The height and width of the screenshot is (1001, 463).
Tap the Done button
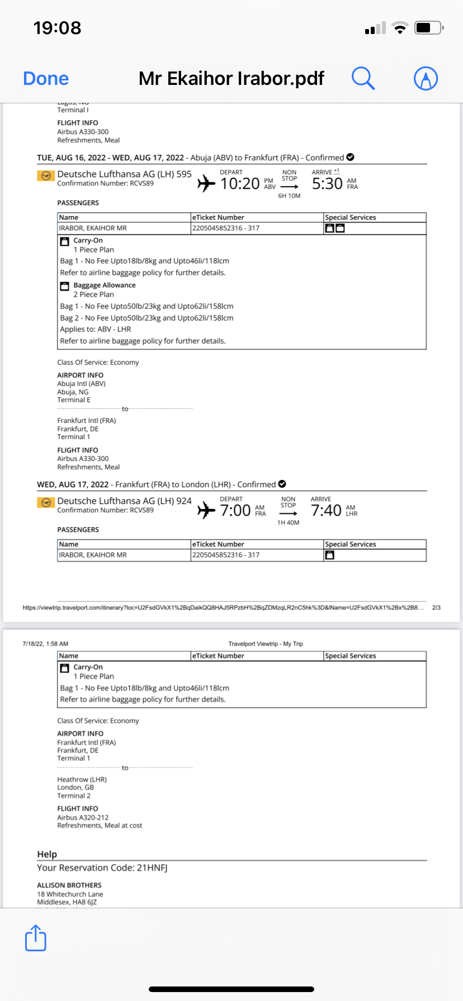tap(46, 79)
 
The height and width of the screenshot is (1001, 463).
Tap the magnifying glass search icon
tap(363, 78)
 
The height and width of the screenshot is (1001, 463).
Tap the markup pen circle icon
tap(426, 78)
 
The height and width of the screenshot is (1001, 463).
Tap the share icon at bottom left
tap(36, 938)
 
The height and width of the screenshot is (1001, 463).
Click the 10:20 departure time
tap(240, 184)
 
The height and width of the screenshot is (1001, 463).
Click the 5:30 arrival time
tap(327, 184)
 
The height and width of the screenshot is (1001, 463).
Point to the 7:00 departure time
tap(235, 511)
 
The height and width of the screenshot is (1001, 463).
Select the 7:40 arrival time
tap(326, 511)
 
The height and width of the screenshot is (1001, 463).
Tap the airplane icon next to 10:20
tap(206, 183)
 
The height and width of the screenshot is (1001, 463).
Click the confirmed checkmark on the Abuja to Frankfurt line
tap(351, 157)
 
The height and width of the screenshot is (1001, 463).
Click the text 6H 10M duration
tap(289, 196)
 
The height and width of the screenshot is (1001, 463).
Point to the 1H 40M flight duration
tap(288, 523)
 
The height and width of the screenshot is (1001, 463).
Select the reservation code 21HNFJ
tap(152, 867)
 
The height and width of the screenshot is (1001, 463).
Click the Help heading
tap(47, 854)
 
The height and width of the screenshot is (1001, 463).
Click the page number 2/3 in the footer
tap(436, 607)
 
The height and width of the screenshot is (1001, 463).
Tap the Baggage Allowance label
tap(105, 285)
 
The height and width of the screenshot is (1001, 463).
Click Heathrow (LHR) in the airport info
tap(82, 779)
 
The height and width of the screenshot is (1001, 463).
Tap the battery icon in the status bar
tap(428, 28)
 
